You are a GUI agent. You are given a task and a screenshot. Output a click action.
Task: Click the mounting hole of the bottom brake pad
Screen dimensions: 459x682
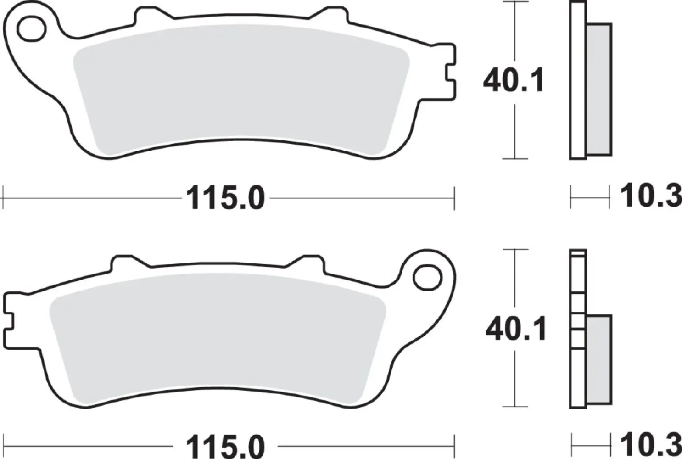point(426,277)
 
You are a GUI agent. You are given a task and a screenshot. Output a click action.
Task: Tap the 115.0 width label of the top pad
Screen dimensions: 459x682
point(225,199)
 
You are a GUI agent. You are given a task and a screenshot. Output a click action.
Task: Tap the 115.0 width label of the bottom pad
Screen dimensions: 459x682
point(225,446)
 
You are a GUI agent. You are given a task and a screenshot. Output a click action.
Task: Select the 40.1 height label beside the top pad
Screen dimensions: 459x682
point(513,81)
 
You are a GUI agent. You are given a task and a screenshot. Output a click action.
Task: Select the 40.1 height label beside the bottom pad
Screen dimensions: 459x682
point(516,329)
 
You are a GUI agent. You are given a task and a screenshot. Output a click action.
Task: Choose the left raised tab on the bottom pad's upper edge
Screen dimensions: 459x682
point(123,263)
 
